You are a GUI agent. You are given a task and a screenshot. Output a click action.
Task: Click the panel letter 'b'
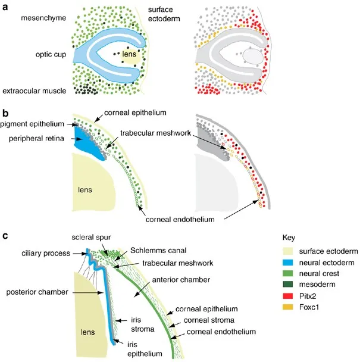tap(6, 111)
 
